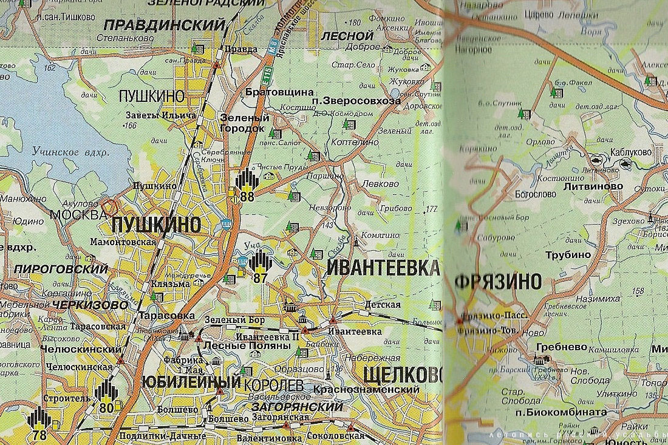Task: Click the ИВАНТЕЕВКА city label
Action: [x=383, y=268]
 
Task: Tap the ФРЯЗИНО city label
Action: [x=497, y=281]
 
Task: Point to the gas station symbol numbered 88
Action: [x=247, y=185]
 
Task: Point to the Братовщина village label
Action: [x=271, y=92]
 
